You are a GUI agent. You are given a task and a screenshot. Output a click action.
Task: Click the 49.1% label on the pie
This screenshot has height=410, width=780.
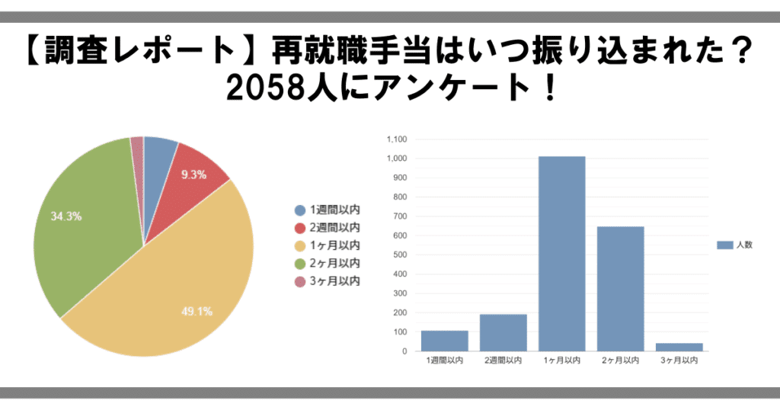pyautogui.click(x=196, y=311)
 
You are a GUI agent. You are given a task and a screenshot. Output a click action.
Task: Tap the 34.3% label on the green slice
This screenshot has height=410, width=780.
pyautogui.click(x=66, y=216)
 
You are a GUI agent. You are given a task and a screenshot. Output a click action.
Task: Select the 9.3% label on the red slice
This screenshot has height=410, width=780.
pyautogui.click(x=193, y=175)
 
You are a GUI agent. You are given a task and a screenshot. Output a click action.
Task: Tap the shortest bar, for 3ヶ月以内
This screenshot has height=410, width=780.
pyautogui.click(x=679, y=347)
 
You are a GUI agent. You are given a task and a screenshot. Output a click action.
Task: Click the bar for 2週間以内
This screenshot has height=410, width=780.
pyautogui.click(x=503, y=332)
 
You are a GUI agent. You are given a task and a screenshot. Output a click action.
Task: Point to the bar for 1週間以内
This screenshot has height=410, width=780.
pyautogui.click(x=445, y=341)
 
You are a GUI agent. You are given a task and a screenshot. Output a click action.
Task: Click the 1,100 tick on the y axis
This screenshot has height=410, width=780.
pyautogui.click(x=398, y=139)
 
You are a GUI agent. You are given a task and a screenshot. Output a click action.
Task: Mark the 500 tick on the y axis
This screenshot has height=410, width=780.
pyautogui.click(x=401, y=255)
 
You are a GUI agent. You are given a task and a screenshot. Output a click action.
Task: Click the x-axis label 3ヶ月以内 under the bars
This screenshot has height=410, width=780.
pyautogui.click(x=679, y=360)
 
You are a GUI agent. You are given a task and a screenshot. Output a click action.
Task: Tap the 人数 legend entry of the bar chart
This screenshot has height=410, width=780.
pyautogui.click(x=735, y=245)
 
